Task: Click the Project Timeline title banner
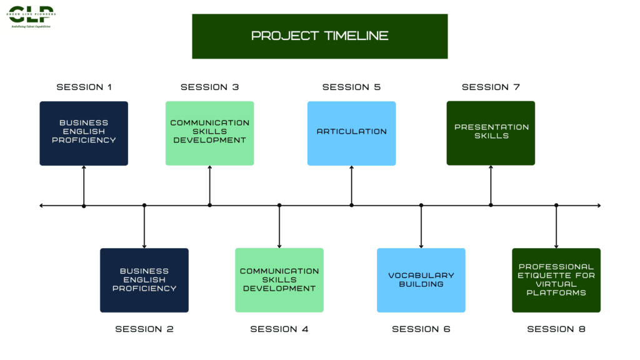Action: click(319, 36)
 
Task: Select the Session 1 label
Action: click(84, 87)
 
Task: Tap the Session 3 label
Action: click(209, 87)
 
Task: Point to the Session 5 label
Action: click(351, 87)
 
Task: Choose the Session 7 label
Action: click(491, 87)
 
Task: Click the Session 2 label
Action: click(144, 329)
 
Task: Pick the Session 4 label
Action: click(279, 329)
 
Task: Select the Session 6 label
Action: click(421, 329)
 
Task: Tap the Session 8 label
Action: click(556, 329)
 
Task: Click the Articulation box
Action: click(351, 133)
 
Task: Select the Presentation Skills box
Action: click(491, 133)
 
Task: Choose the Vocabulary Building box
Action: click(421, 280)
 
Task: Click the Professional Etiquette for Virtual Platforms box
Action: click(556, 280)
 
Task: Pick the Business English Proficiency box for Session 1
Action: click(84, 133)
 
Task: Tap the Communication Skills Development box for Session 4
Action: click(279, 280)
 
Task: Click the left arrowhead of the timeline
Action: click(41, 205)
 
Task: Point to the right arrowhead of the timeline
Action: click(598, 205)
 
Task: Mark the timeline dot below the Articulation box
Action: click(351, 205)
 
